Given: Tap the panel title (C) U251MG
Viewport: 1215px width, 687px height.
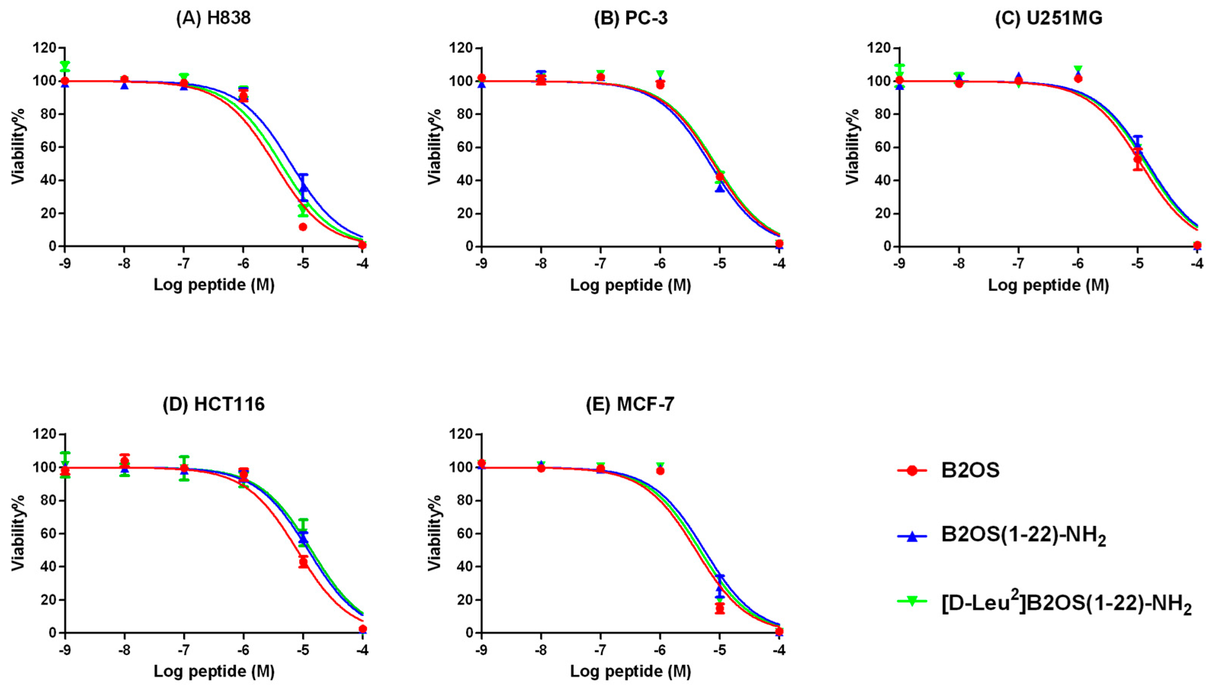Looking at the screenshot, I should pyautogui.click(x=1048, y=18).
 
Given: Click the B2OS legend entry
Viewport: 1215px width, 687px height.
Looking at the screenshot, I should pyautogui.click(x=971, y=470).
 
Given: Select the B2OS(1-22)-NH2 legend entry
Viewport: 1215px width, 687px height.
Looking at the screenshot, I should pyautogui.click(x=1024, y=536).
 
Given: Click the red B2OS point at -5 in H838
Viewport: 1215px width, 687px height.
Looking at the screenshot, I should pyautogui.click(x=303, y=227).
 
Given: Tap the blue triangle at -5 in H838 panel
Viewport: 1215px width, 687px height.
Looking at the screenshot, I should pyautogui.click(x=304, y=187).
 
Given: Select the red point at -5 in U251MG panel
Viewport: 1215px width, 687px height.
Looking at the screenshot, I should pyautogui.click(x=1138, y=159).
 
